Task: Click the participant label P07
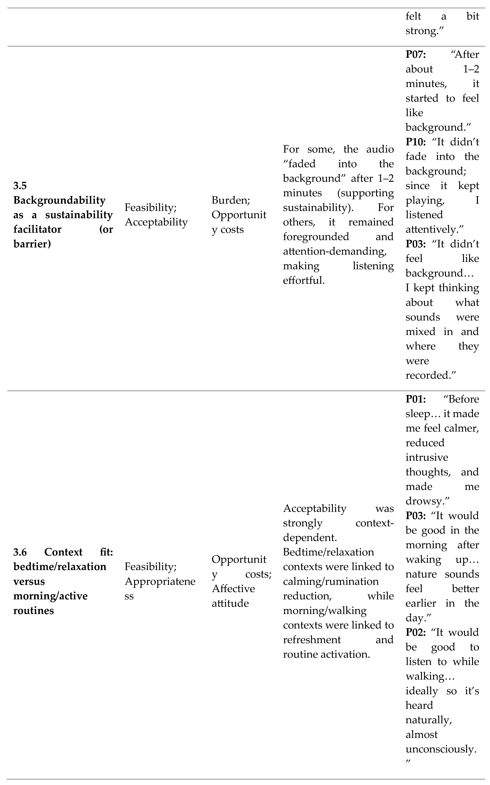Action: pos(415,54)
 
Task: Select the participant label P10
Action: pos(415,142)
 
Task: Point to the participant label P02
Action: pos(415,632)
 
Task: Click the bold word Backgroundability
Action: pos(59,200)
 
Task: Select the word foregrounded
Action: pos(316,237)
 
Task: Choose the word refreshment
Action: pos(312,639)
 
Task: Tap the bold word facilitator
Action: pos(37,229)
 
